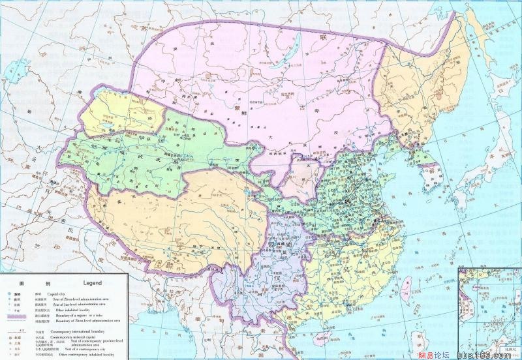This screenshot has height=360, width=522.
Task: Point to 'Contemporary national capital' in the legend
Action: [74, 337]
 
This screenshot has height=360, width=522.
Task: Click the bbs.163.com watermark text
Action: [482, 353]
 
